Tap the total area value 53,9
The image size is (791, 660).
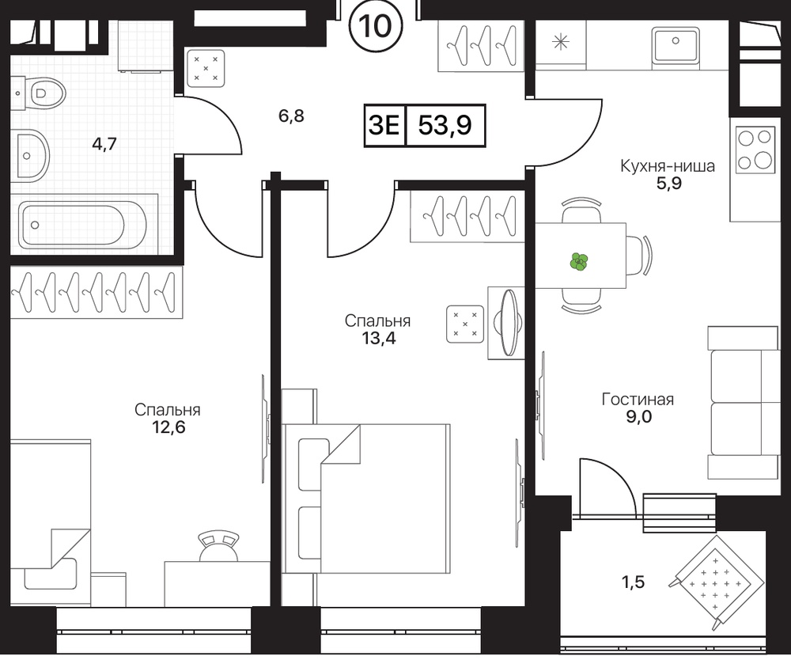pos(445,125)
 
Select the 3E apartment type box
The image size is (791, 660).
pos(384,125)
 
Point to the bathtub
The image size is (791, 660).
pos(83,224)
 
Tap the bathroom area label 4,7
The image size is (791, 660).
pos(104,144)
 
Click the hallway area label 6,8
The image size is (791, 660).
pos(292,116)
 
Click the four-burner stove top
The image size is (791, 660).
pos(755,150)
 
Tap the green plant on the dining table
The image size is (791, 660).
pos(580,262)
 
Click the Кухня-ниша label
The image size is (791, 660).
pos(668,166)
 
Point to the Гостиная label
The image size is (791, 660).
pos(638,400)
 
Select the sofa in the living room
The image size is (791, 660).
pos(743,402)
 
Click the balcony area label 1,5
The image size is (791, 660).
pos(633,582)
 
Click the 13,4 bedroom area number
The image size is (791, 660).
pos(378,338)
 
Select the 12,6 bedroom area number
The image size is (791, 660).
pos(168,427)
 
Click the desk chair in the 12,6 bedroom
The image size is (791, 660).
pos(218,546)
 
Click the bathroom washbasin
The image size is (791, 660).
pos(30,155)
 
